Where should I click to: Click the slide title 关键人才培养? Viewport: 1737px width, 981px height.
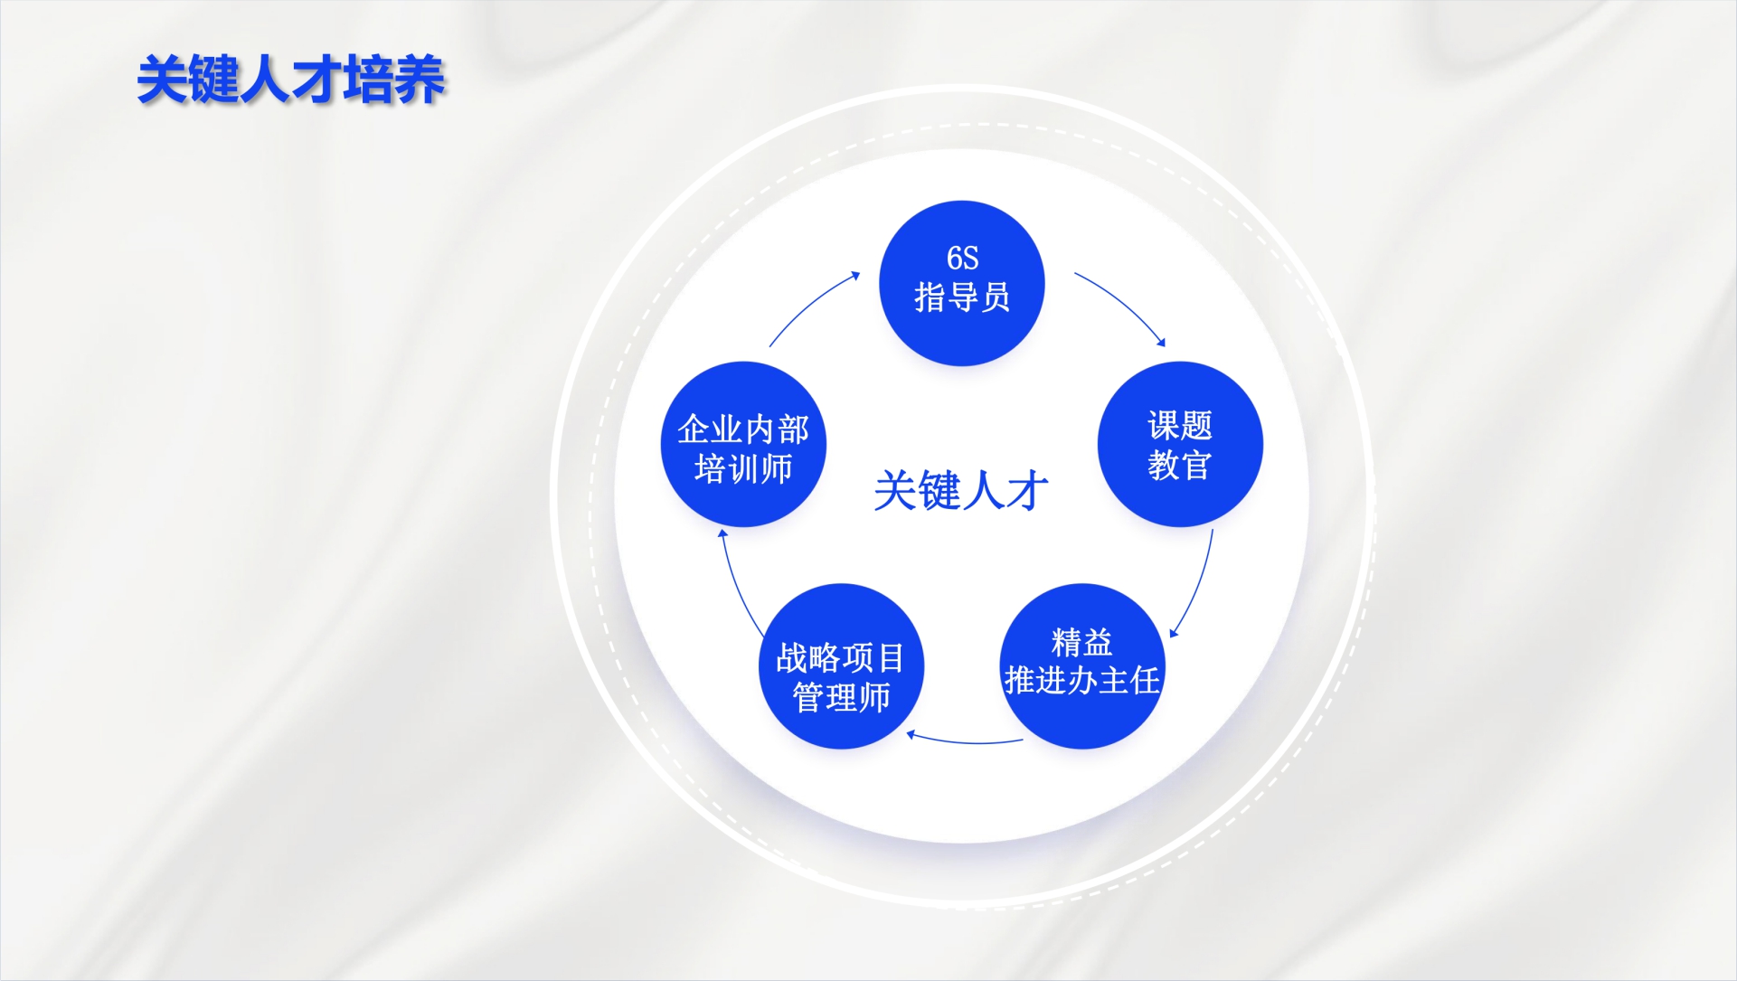(290, 80)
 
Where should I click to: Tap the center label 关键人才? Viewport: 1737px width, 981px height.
(961, 491)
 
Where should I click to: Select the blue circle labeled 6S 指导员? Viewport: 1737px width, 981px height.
(962, 283)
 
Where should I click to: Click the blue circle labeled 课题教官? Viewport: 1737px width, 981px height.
(1180, 444)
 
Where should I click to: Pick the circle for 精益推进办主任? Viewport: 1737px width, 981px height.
(1082, 666)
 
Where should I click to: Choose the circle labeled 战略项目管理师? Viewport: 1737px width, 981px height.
(841, 666)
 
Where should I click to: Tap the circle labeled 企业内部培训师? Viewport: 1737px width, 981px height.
(744, 444)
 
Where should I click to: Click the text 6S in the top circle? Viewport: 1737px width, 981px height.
(962, 258)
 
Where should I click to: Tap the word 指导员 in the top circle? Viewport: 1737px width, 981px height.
(962, 297)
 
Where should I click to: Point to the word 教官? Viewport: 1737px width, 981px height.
(1180, 465)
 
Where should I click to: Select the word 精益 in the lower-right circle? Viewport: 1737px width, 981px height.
(1082, 643)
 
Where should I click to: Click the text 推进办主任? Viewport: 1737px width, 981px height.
(1082, 680)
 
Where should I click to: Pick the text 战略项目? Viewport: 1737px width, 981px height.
(841, 658)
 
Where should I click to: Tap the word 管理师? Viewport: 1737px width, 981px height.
(841, 697)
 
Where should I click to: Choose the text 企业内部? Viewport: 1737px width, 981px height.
(744, 429)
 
